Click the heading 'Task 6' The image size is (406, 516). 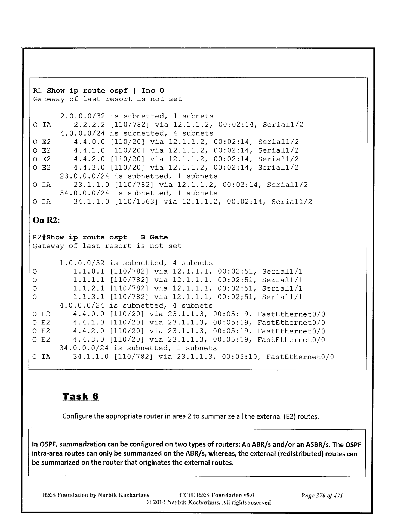[x=80, y=396]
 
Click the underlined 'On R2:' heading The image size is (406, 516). [x=46, y=220]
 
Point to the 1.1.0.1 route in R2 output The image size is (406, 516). [x=89, y=271]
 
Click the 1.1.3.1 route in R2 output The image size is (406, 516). [x=89, y=297]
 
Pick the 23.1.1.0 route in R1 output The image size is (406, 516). [x=91, y=185]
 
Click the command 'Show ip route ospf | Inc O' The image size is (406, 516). [x=106, y=91]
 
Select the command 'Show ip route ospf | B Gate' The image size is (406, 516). [x=107, y=237]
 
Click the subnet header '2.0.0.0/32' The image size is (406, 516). [x=82, y=116]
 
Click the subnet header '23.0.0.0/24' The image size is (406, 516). [x=85, y=176]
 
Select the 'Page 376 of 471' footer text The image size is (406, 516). [x=322, y=496]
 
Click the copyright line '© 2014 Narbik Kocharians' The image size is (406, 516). [x=208, y=502]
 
